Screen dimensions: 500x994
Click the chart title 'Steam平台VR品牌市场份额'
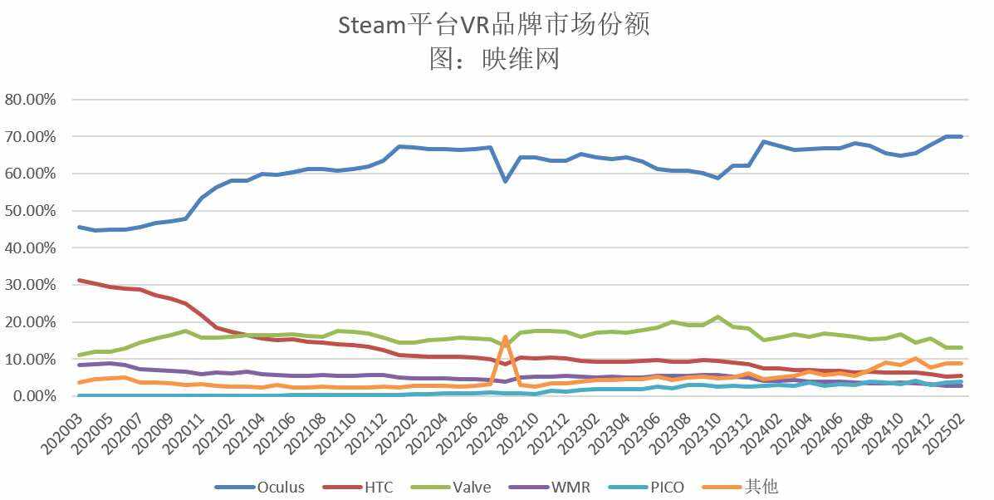[494, 25]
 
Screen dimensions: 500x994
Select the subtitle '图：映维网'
[495, 59]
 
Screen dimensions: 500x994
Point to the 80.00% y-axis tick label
[31, 99]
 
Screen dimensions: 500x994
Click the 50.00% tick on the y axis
[31, 211]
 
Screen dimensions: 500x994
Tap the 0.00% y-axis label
[34, 396]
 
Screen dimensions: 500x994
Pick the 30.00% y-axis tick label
[31, 285]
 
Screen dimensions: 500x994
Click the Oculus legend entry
[259, 487]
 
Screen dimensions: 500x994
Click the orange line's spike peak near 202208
[505, 336]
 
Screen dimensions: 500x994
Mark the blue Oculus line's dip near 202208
[505, 181]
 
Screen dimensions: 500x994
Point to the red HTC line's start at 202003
[79, 280]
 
